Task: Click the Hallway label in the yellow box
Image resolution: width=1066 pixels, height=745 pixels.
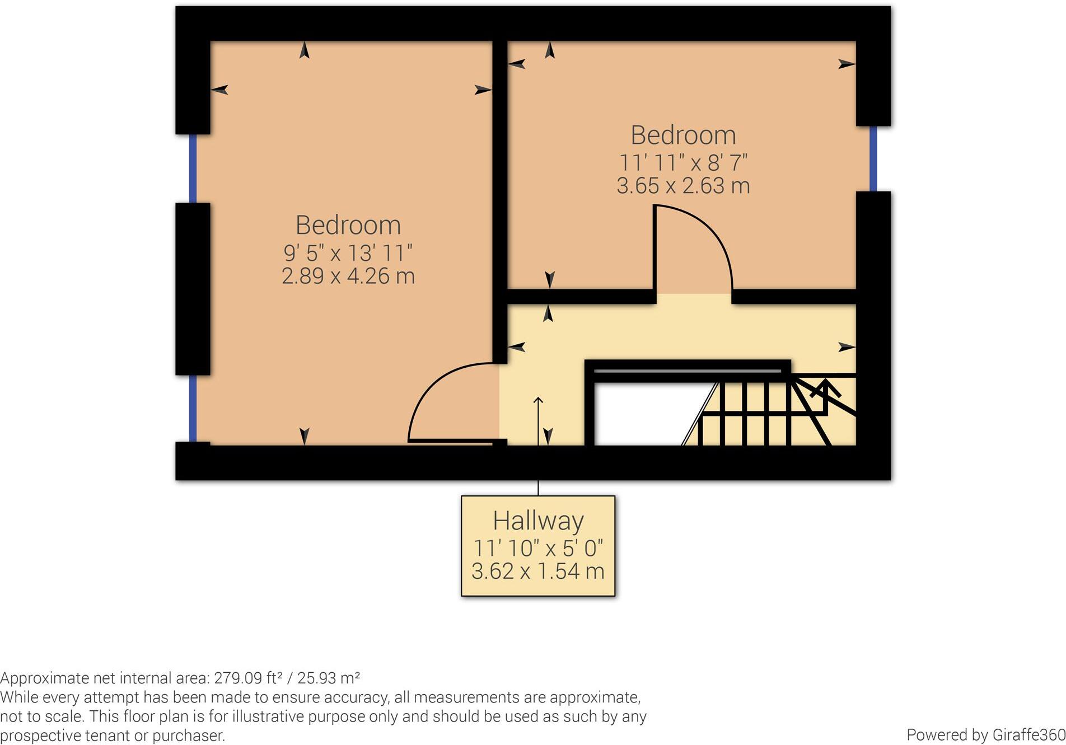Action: point(538,521)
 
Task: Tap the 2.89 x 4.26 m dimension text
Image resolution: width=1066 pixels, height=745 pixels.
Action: point(348,276)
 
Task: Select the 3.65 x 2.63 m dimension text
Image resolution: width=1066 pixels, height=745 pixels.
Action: point(683,186)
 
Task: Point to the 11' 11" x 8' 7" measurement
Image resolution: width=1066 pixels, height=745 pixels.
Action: point(683,163)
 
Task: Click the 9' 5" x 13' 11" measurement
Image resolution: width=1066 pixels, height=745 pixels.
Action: point(348,253)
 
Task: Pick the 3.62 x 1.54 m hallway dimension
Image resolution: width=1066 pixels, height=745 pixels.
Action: point(538,571)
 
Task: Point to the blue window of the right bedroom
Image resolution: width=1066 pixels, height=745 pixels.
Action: point(873,158)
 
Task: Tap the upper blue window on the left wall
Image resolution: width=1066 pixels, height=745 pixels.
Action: point(193,168)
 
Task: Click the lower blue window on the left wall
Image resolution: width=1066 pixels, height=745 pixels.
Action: point(193,409)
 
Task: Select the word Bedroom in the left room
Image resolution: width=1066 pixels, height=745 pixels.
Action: point(348,226)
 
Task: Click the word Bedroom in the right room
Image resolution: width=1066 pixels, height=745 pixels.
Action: point(683,135)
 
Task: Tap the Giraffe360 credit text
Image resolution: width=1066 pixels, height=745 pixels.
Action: point(985,734)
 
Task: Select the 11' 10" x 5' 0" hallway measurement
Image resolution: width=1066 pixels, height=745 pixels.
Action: point(538,548)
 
